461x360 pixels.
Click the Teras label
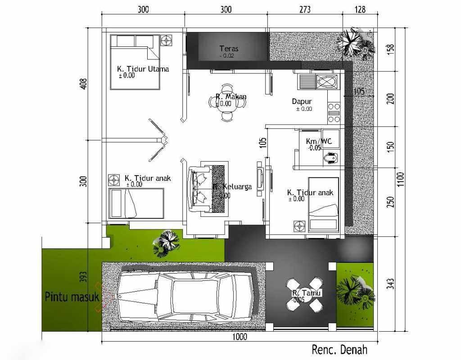coord(229,49)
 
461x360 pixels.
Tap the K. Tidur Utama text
coord(143,69)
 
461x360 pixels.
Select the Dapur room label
coord(302,102)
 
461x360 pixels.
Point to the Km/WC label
coord(319,141)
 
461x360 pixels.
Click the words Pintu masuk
coord(72,297)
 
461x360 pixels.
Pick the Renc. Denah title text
coord(339,350)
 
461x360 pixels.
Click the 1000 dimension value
coord(240,337)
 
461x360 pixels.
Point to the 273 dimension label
coord(305,9)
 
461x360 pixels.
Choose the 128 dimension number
coord(360,9)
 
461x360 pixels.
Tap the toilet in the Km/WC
coord(331,158)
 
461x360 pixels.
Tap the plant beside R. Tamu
coord(356,292)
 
